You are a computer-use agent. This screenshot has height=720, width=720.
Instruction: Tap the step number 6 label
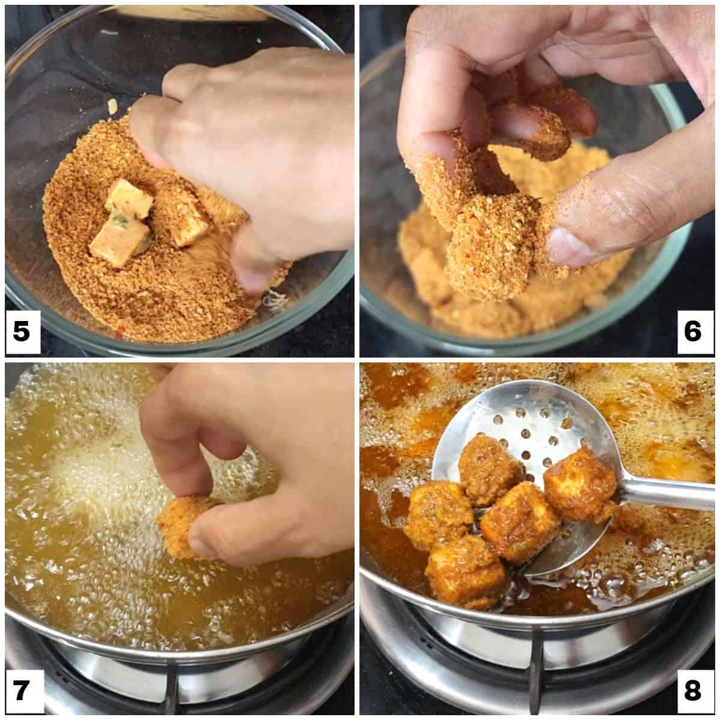[693, 331]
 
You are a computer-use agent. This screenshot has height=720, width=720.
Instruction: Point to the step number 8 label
[693, 691]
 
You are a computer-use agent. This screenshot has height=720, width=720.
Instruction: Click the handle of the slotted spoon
[666, 492]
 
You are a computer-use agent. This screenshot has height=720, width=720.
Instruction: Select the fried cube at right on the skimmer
[579, 486]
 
